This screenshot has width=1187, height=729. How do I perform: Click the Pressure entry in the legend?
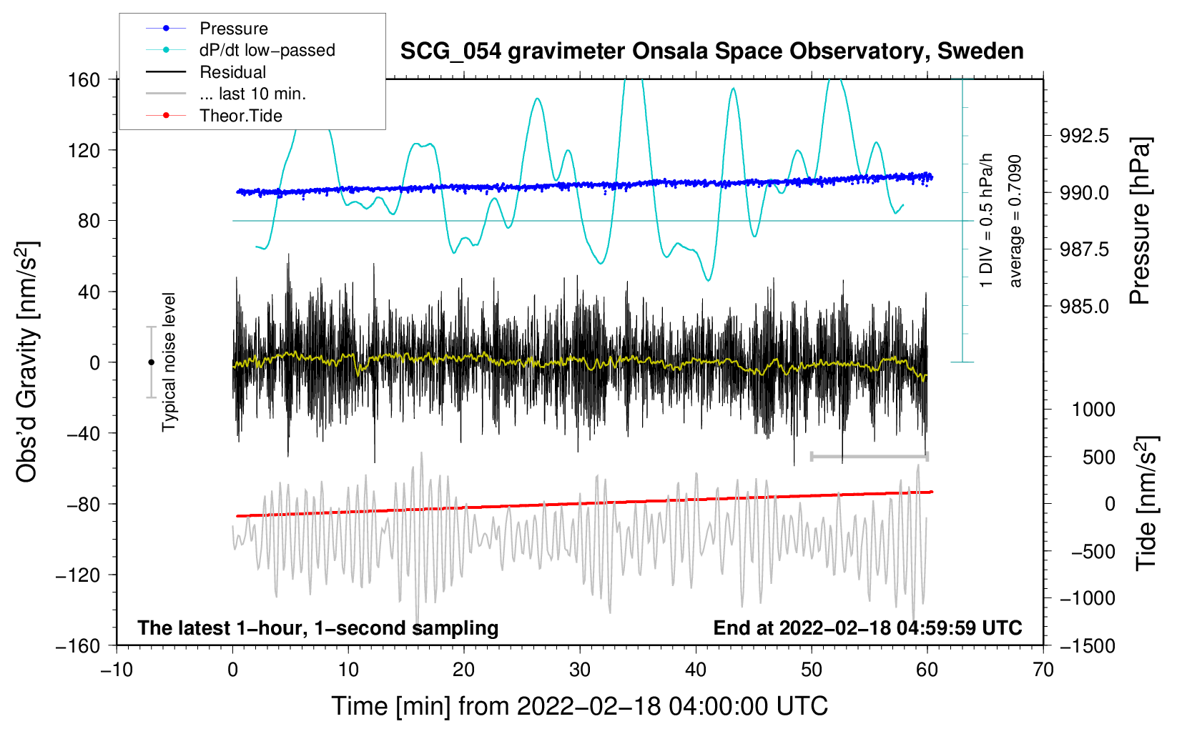click(233, 29)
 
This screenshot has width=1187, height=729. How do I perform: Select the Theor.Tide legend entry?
click(240, 116)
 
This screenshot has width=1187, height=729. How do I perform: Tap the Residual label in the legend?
click(232, 72)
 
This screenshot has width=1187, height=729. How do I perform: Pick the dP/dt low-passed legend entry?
click(267, 50)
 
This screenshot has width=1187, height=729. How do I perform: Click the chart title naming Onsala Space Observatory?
click(711, 51)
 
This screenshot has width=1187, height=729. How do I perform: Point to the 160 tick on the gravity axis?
click(84, 79)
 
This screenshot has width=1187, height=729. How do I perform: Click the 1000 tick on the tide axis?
click(1093, 410)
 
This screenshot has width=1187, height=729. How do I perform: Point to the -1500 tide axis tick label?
click(1087, 645)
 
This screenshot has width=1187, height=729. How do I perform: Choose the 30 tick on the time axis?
click(580, 670)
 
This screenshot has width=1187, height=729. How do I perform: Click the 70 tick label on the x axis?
click(1043, 670)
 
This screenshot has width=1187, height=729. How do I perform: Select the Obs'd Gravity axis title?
click(27, 362)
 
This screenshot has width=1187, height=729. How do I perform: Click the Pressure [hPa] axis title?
click(1140, 222)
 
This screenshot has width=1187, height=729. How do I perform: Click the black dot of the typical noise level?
click(151, 362)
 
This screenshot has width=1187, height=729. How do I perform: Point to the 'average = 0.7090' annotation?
click(1015, 222)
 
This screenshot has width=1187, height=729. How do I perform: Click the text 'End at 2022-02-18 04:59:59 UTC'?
click(867, 628)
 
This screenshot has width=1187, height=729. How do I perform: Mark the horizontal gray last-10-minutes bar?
click(869, 456)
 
